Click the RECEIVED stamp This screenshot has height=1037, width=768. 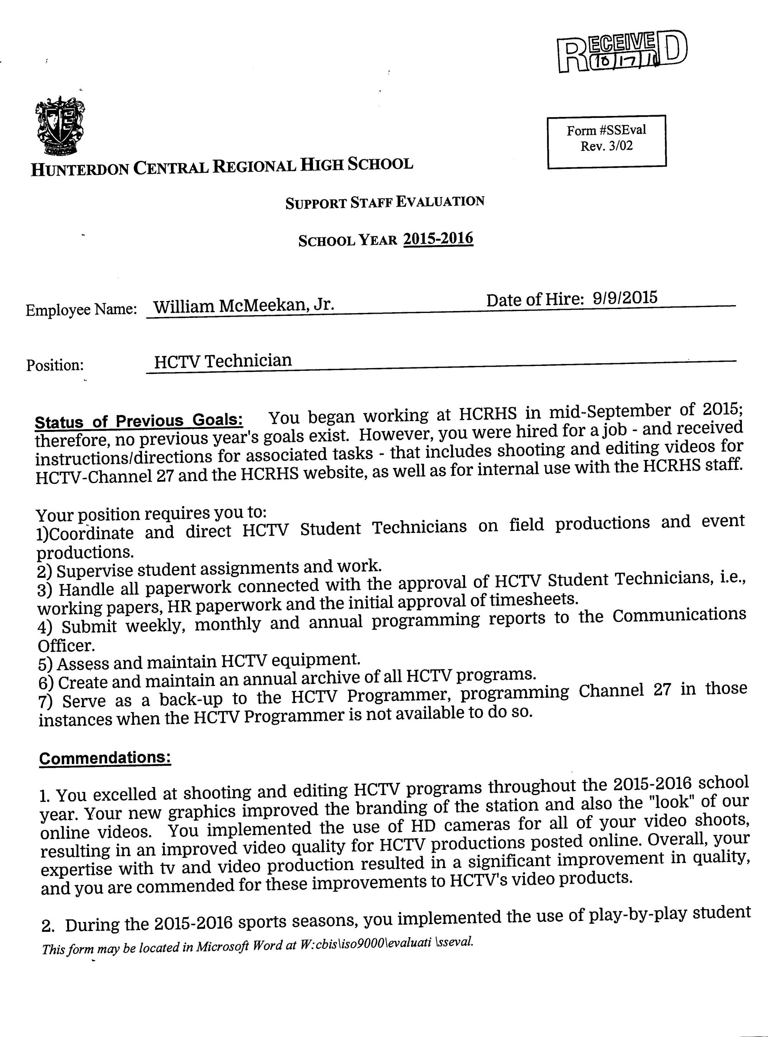click(622, 52)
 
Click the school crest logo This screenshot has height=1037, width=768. click(60, 126)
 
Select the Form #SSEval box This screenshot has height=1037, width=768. click(606, 141)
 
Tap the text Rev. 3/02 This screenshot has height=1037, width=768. click(606, 146)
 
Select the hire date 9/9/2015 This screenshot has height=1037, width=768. click(625, 297)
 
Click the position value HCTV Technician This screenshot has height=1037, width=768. click(223, 361)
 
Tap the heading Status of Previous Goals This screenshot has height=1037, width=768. click(139, 421)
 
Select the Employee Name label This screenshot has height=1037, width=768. click(81, 309)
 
